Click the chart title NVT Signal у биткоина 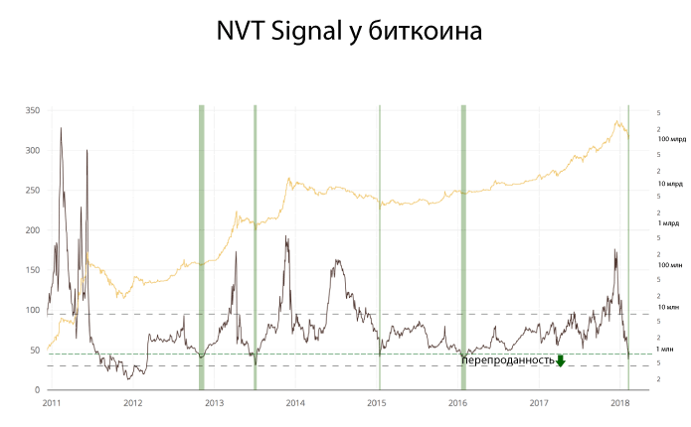pyautogui.click(x=349, y=32)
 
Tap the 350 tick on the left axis pyautogui.click(x=32, y=110)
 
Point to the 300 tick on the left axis pyautogui.click(x=32, y=150)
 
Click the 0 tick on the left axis pyautogui.click(x=37, y=390)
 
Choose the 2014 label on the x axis pyautogui.click(x=295, y=403)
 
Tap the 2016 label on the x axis pyautogui.click(x=457, y=403)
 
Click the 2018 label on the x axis pyautogui.click(x=619, y=403)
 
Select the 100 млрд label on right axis pyautogui.click(x=672, y=140)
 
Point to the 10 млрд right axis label pyautogui.click(x=670, y=185)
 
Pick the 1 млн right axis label pyautogui.click(x=665, y=350)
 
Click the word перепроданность pyautogui.click(x=507, y=360)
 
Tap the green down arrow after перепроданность pyautogui.click(x=561, y=360)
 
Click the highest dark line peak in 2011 pyautogui.click(x=62, y=128)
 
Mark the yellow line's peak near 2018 pyautogui.click(x=617, y=122)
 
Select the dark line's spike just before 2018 pyautogui.click(x=615, y=250)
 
